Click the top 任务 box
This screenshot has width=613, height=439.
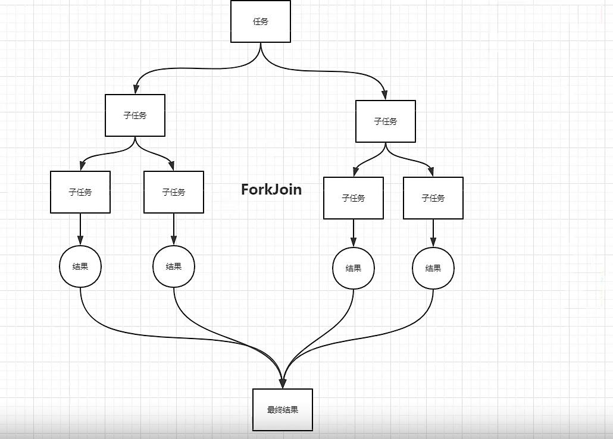point(261,21)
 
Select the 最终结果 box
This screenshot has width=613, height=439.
point(283,410)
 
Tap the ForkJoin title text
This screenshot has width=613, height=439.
point(271,189)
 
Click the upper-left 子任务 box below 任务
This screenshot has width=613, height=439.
point(135,115)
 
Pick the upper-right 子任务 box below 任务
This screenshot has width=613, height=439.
point(386,121)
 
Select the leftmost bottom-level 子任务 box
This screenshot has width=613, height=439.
point(80,192)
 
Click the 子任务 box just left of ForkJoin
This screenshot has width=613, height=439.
point(174,192)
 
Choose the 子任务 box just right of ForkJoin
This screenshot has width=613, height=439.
point(354,198)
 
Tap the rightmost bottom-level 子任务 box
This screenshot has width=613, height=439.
point(433,198)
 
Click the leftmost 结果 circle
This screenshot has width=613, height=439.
point(80,266)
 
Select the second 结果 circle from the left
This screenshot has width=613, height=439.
point(174,266)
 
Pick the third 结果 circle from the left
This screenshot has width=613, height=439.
point(354,268)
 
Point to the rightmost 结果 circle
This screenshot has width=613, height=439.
point(433,268)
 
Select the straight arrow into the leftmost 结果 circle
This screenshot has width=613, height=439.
point(80,229)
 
